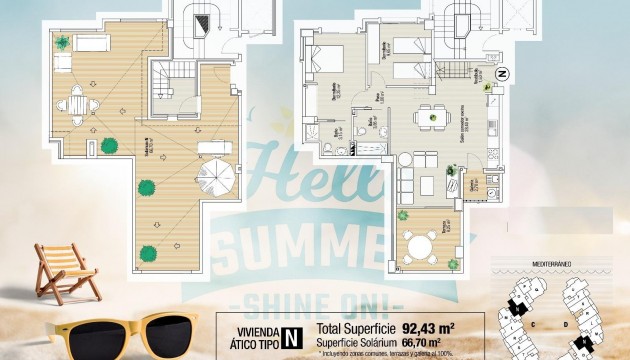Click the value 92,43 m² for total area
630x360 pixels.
429,327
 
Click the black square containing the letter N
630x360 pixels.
291,333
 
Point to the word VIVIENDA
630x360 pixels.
253,326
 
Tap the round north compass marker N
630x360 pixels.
503,73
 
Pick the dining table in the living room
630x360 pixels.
431,115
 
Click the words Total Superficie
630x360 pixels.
353,327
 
